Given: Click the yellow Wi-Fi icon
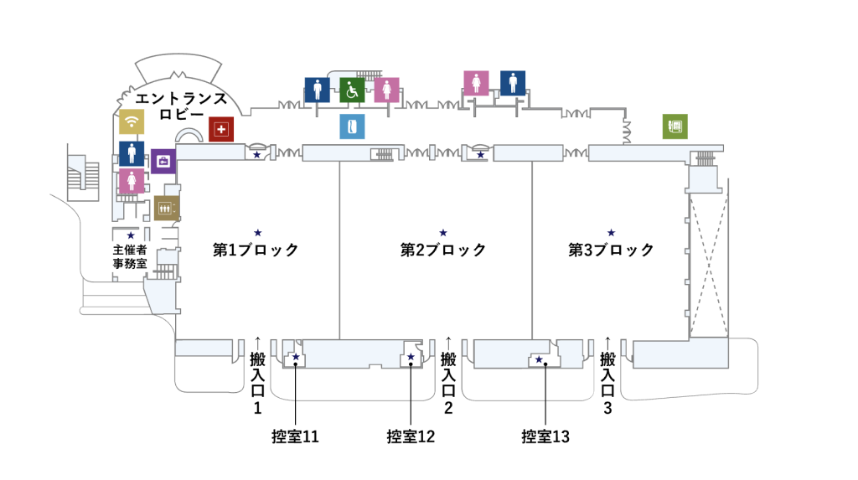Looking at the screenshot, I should coord(131,122).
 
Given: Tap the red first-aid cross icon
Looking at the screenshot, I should coord(221,129).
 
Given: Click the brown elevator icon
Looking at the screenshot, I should coord(166,208).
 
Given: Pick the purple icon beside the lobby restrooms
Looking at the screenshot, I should coord(163,160).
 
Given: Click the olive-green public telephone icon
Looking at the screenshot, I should coord(675,126).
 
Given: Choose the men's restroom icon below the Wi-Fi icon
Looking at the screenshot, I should coord(131,153).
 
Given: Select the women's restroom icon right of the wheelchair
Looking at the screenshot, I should coord(386,90).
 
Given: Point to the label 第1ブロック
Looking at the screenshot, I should coord(256,250).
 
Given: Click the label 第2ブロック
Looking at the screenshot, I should coord(442,250).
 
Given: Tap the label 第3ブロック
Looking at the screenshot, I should coord(611,250).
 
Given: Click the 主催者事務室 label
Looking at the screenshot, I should coord(130,256).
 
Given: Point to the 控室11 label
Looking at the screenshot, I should coord(295,436).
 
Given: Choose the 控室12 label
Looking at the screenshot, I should coord(411,436).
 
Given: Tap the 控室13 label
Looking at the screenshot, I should coord(545,436).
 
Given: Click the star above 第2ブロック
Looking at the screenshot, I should coord(443,232).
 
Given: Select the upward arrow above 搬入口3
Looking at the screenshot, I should coord(608,342).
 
